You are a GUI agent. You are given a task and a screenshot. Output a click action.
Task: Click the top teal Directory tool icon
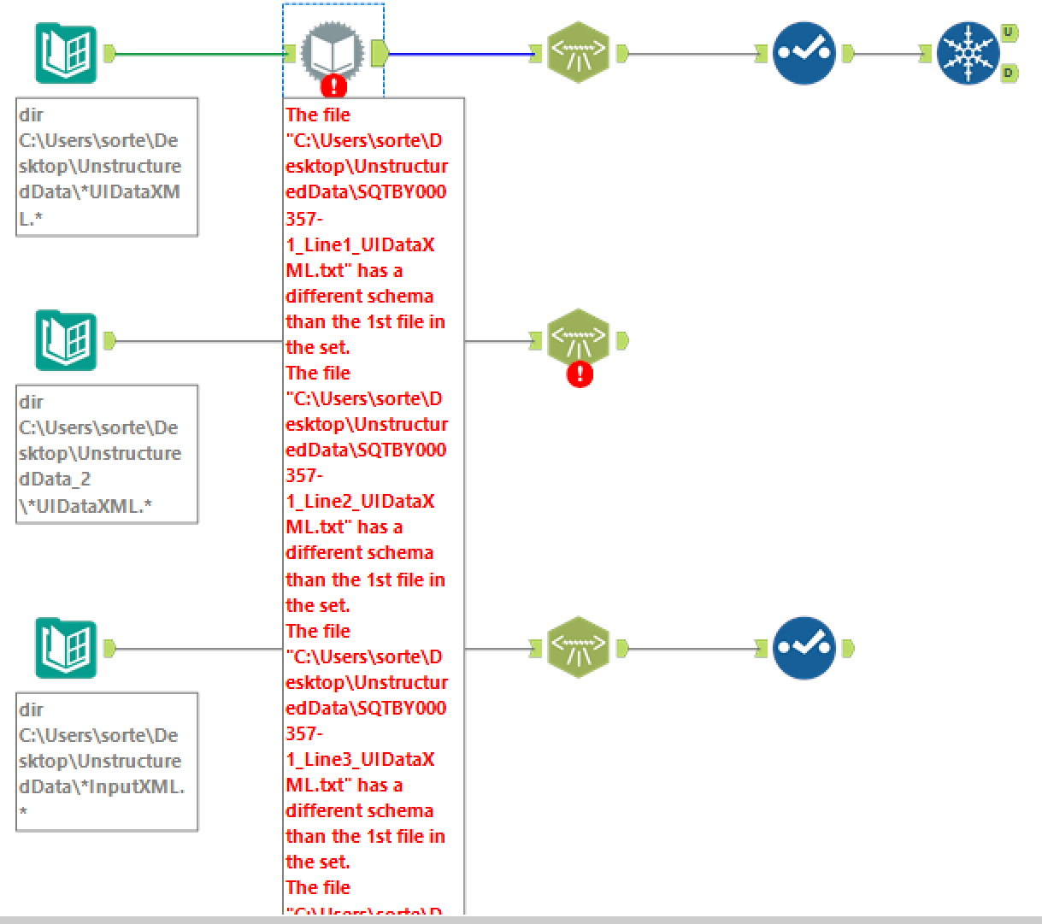66,54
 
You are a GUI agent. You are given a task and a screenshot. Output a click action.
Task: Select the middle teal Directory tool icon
66,340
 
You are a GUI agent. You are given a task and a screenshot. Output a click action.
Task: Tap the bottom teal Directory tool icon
66,648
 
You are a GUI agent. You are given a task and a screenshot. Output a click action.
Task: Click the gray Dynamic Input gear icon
333,51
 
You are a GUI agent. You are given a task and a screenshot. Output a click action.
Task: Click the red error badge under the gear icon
333,86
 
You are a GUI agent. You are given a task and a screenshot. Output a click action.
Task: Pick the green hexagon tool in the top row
579,53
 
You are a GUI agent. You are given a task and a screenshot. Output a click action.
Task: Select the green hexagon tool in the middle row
579,338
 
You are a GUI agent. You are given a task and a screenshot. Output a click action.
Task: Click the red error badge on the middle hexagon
580,374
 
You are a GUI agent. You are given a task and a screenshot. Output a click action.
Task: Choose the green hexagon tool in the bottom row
579,647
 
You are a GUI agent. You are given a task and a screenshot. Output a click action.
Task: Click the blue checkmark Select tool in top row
804,53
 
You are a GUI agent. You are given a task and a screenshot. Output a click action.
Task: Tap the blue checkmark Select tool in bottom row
804,648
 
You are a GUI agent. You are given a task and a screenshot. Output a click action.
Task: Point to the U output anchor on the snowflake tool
1009,33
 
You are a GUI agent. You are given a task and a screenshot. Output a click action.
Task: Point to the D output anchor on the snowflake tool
1009,74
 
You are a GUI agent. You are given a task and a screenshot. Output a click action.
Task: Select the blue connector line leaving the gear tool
462,54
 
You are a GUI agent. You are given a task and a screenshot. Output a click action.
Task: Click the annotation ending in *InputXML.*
107,761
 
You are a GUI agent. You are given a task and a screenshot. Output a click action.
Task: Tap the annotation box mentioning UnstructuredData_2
107,453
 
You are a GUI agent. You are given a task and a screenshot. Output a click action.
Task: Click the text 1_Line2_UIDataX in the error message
360,502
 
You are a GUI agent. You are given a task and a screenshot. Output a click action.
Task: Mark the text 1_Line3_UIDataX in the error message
360,760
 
